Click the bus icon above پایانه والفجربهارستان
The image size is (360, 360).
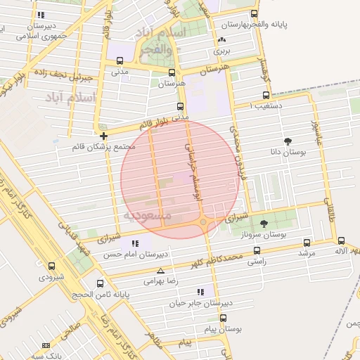pyautogui.click(x=254, y=13)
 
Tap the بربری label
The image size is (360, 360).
pyautogui.click(x=221, y=51)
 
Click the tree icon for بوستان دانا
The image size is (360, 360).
pyautogui.click(x=288, y=141)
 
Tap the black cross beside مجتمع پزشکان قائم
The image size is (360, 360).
pyautogui.click(x=104, y=136)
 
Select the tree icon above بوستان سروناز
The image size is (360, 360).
pyautogui.click(x=264, y=224)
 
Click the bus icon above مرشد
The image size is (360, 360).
pyautogui.click(x=307, y=240)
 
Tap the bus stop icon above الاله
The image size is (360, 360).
pyautogui.click(x=342, y=240)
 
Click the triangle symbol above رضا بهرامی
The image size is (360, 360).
pyautogui.click(x=161, y=271)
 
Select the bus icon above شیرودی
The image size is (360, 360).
pyautogui.click(x=52, y=266)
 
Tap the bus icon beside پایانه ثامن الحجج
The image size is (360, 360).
pyautogui.click(x=100, y=284)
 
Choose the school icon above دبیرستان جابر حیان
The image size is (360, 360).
pyautogui.click(x=201, y=291)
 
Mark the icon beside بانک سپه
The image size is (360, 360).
pyautogui.click(x=46, y=345)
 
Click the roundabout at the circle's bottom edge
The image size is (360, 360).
pyautogui.click(x=204, y=223)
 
